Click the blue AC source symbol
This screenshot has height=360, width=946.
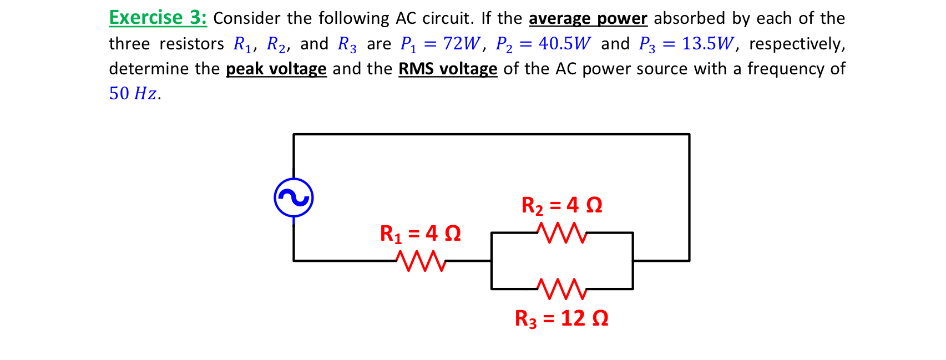[294, 197]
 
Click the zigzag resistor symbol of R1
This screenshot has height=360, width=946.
[421, 261]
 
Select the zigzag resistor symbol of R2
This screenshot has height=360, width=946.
[561, 233]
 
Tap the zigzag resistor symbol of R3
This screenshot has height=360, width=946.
[561, 289]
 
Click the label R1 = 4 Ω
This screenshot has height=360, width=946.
[420, 234]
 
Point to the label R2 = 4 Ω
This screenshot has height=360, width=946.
[561, 206]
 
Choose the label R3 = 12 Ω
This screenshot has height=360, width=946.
[561, 318]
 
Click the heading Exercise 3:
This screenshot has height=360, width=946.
[158, 18]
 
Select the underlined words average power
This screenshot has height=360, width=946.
[588, 19]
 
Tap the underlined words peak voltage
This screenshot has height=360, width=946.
[276, 69]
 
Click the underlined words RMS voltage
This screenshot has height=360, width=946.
[447, 69]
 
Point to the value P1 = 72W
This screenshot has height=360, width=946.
[440, 44]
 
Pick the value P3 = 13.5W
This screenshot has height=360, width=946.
[686, 44]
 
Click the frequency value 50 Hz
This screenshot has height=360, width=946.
[133, 93]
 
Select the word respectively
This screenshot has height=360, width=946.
[797, 44]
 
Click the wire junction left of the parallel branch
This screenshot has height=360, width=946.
[492, 261]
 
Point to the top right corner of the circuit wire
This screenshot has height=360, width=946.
[689, 134]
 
